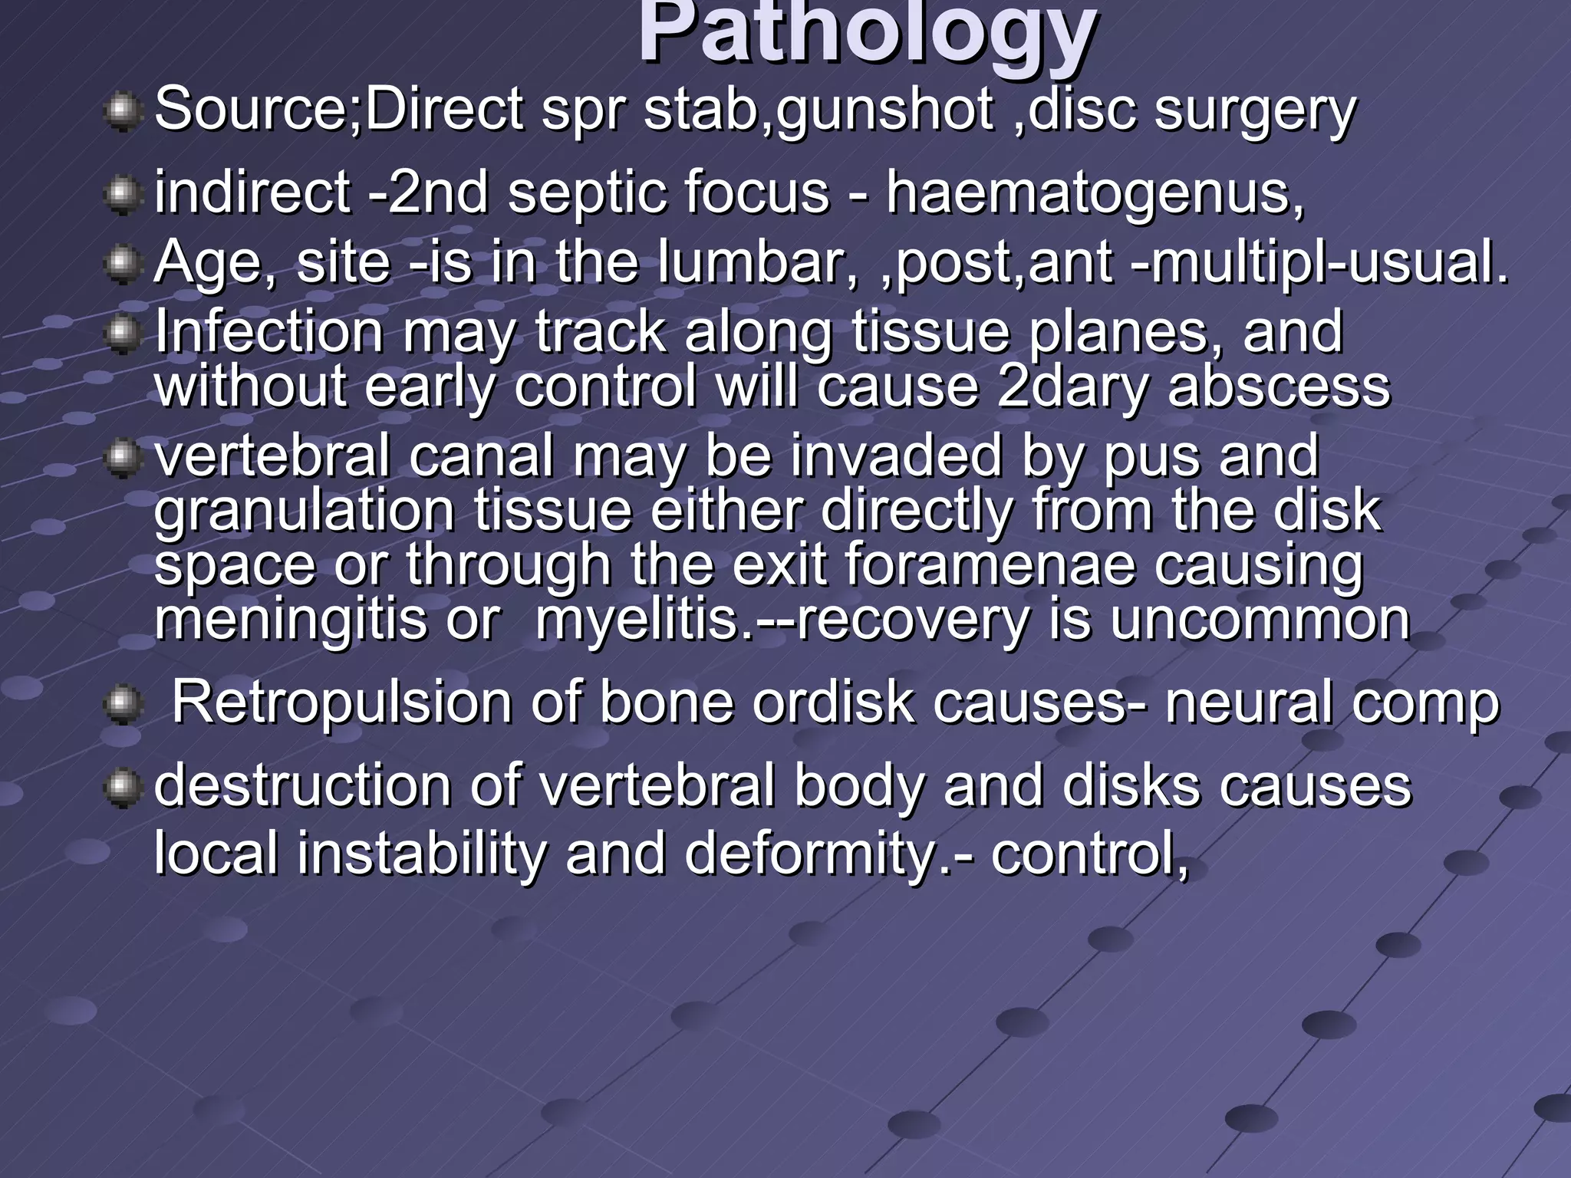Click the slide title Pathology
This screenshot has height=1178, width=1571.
[867, 35]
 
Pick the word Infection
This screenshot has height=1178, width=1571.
[268, 331]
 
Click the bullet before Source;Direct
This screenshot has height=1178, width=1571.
[122, 113]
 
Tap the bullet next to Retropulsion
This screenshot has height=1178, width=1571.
[122, 704]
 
